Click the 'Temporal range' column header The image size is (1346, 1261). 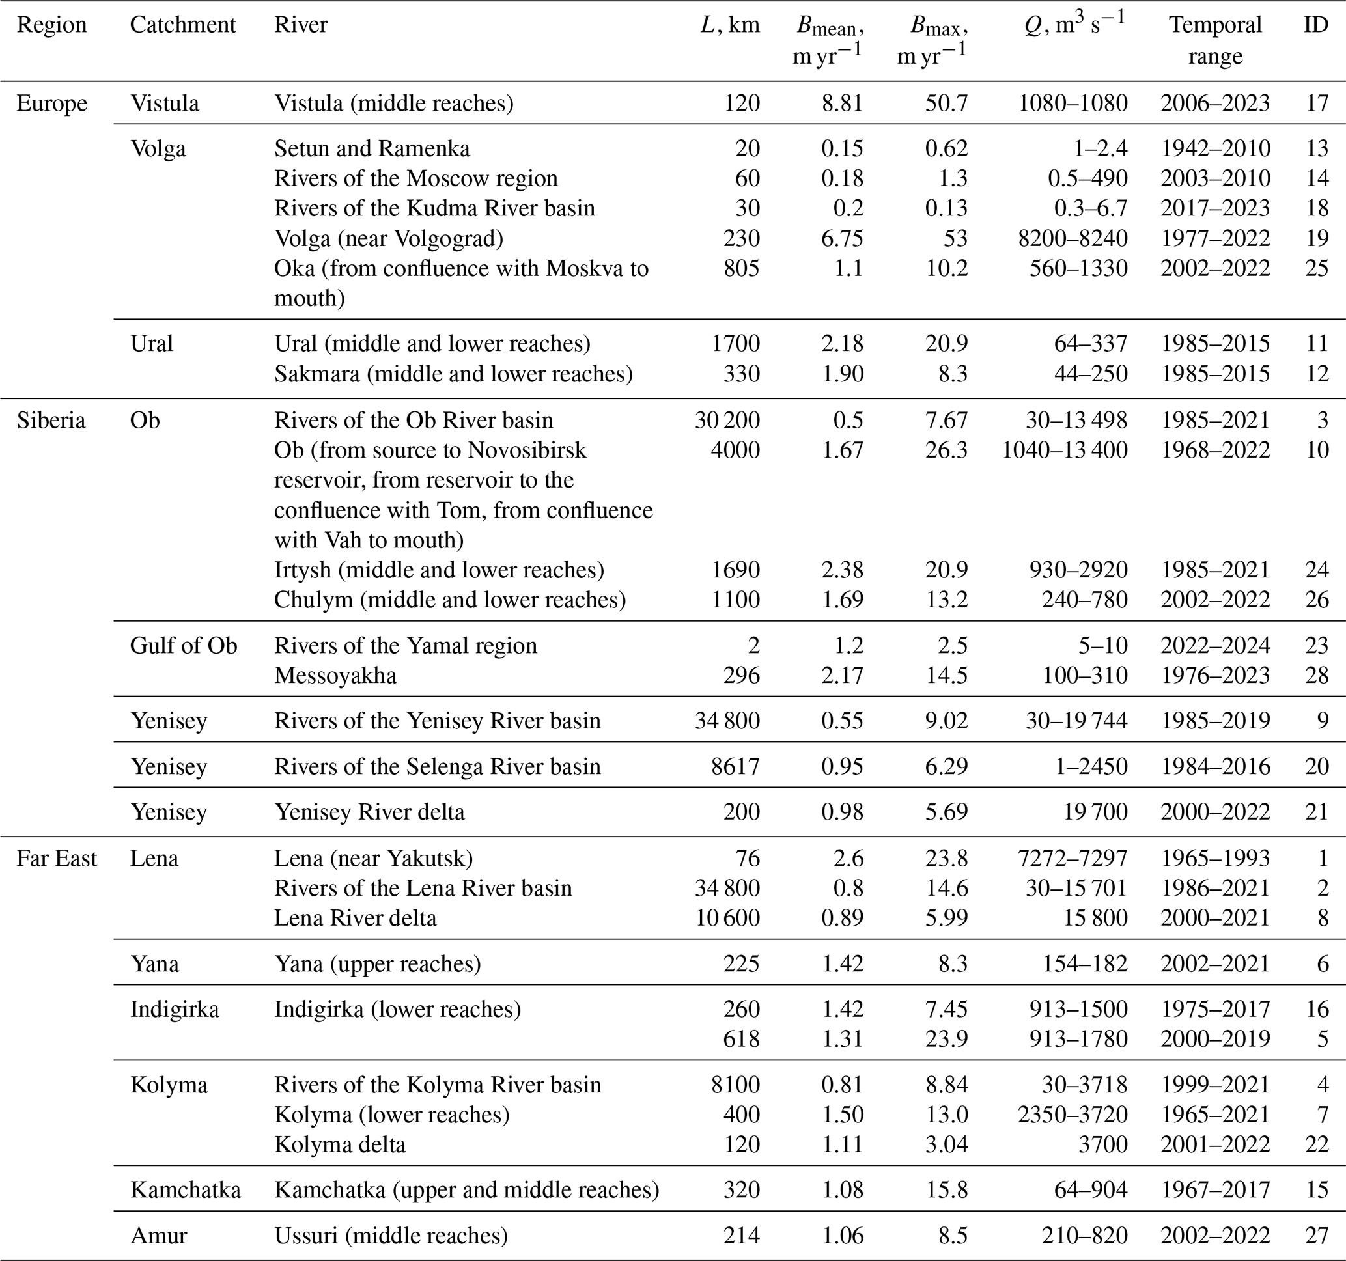tap(1214, 40)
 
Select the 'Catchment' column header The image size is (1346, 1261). tap(182, 25)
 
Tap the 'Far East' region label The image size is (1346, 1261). tap(57, 858)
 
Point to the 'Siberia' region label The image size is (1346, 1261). tap(51, 421)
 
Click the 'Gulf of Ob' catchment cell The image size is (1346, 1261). tap(184, 645)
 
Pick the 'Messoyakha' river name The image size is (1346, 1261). tap(335, 676)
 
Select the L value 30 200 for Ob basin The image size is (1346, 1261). tap(727, 421)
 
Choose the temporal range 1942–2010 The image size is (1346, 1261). tap(1214, 148)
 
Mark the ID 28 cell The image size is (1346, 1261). tap(1316, 676)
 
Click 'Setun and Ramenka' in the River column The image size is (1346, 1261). tap(372, 148)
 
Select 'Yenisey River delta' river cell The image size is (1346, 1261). tap(369, 812)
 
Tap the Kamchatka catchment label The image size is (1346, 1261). tap(185, 1189)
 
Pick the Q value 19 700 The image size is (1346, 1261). tap(1095, 812)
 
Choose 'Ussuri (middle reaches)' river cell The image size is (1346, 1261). tap(391, 1235)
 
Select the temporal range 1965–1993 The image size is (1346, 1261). tap(1214, 858)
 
